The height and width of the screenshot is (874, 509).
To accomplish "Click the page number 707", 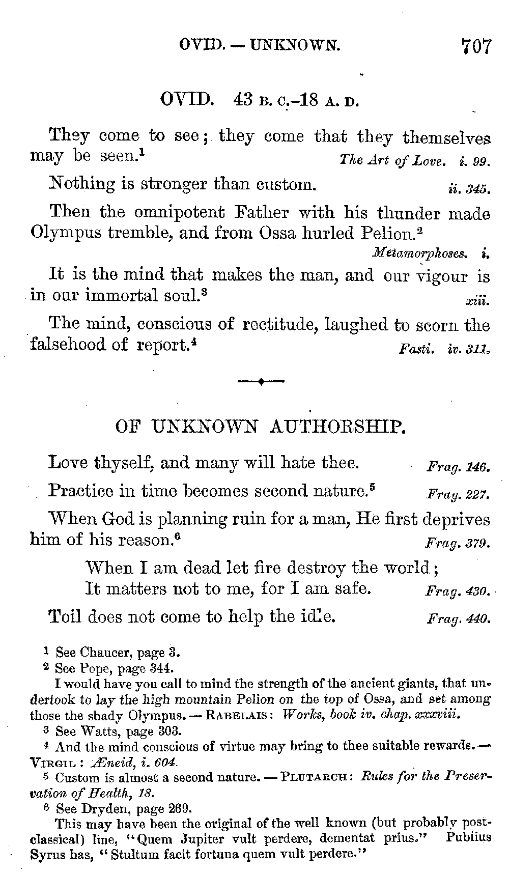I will [x=477, y=46].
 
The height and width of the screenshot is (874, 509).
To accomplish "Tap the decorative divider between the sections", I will [x=260, y=381].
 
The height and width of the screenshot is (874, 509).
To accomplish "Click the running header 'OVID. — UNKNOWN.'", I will [x=260, y=46].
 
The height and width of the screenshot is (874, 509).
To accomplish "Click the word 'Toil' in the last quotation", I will [x=65, y=616].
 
